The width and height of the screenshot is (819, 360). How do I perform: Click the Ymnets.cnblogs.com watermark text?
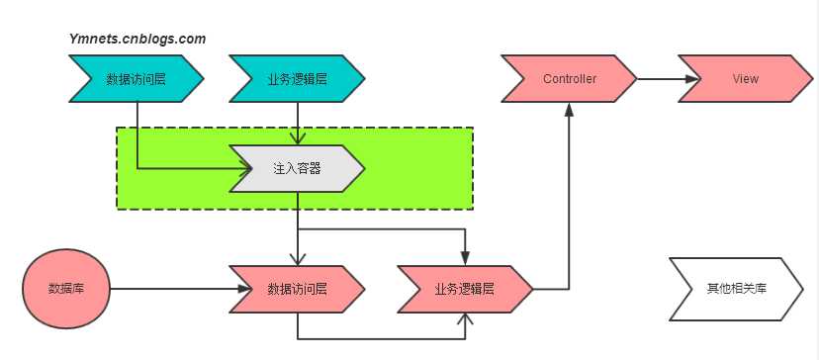(137, 39)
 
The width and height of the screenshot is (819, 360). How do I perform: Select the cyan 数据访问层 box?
(136, 79)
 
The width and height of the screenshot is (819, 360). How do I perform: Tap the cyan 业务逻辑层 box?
(298, 79)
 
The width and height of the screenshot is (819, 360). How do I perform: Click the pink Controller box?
(570, 79)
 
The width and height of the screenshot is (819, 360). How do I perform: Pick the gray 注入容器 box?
(298, 168)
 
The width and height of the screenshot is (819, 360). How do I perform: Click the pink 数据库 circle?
(66, 289)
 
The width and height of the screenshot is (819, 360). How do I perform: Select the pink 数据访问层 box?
(298, 289)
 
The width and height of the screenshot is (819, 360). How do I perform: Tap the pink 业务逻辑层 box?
(465, 289)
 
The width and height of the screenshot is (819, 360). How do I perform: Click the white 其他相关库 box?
(737, 289)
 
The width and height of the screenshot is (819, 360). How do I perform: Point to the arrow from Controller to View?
(658, 79)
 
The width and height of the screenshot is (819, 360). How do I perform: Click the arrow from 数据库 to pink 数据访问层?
(173, 289)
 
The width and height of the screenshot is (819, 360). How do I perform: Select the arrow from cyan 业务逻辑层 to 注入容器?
(298, 123)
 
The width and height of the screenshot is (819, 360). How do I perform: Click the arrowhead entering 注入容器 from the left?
(240, 168)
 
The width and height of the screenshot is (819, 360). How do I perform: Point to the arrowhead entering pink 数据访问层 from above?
(298, 259)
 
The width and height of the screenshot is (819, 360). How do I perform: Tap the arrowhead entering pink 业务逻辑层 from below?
(465, 318)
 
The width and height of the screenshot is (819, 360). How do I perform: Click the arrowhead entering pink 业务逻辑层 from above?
(465, 259)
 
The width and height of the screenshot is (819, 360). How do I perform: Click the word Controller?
(570, 79)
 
